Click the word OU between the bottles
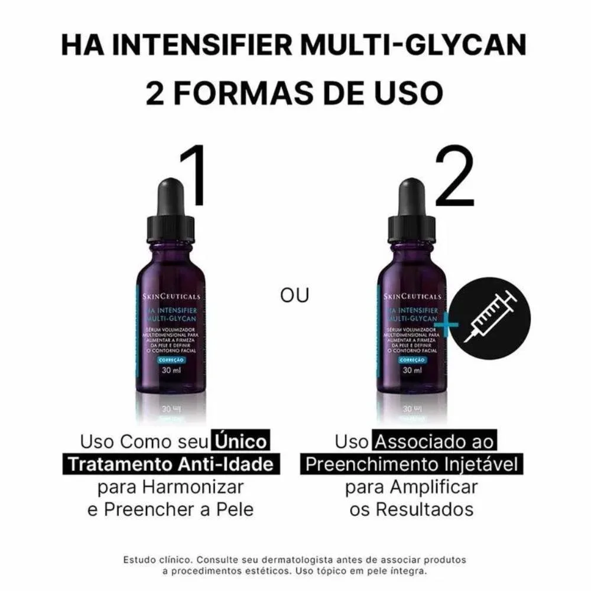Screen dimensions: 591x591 click(295, 295)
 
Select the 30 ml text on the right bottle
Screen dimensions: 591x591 click(412, 371)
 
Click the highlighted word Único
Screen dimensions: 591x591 click(241, 441)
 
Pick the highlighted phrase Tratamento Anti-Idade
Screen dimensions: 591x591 click(171, 465)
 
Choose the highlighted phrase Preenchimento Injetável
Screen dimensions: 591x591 click(411, 465)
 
